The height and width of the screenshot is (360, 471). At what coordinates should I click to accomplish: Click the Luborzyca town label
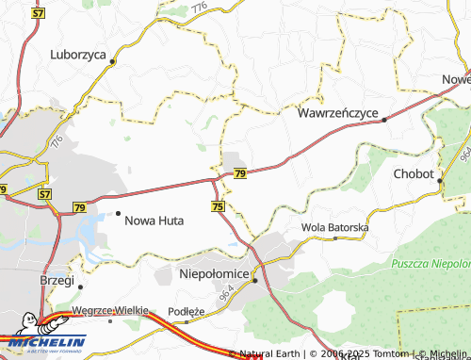pos(78,55)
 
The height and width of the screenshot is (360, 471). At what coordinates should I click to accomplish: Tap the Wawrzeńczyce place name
pos(337,113)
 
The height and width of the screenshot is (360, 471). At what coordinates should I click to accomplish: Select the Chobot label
pos(413,174)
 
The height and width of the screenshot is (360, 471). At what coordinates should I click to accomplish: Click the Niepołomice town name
pos(214,273)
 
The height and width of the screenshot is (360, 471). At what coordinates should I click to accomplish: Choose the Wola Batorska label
pos(334,228)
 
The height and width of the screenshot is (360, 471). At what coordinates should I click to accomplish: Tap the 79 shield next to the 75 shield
pos(240,174)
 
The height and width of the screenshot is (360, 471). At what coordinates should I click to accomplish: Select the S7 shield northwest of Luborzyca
pos(39,14)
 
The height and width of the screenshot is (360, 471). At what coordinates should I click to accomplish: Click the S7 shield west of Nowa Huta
pos(44,193)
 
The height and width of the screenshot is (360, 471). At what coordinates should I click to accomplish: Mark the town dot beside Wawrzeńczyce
pos(384,120)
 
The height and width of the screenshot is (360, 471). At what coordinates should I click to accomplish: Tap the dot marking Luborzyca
pos(112,62)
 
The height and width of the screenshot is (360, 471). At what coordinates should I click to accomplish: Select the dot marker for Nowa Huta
pos(117,214)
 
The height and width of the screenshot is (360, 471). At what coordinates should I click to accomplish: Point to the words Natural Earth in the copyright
pos(269,353)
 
